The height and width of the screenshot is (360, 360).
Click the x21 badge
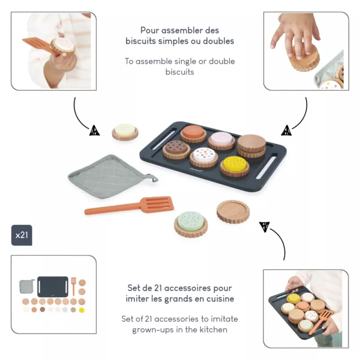coord(22,235)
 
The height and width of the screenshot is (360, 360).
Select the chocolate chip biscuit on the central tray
coord(176,149)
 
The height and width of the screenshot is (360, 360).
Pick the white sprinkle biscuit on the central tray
coord(204,157)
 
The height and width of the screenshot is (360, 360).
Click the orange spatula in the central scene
coord(129,205)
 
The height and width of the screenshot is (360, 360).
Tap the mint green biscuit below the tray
coord(190,224)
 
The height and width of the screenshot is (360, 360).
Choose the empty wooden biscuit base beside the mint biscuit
coord(233,211)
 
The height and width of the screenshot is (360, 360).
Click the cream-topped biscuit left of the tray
coord(125,132)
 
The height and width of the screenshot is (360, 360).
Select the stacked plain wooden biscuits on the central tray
coord(252,146)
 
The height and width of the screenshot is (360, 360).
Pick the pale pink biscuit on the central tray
coord(221,140)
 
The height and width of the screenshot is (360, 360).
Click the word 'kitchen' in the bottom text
coord(213,330)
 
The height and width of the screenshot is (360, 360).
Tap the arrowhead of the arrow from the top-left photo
coord(94,130)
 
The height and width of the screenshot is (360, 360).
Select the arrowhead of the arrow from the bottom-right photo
coord(265,227)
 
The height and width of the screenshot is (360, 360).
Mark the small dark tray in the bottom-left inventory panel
coord(53,287)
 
